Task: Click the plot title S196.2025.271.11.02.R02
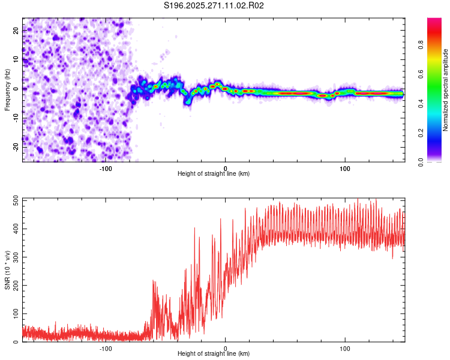click(214, 5)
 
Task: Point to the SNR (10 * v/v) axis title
click(7, 270)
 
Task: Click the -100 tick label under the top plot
click(106, 168)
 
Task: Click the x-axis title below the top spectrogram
click(214, 174)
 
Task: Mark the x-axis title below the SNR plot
click(214, 354)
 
